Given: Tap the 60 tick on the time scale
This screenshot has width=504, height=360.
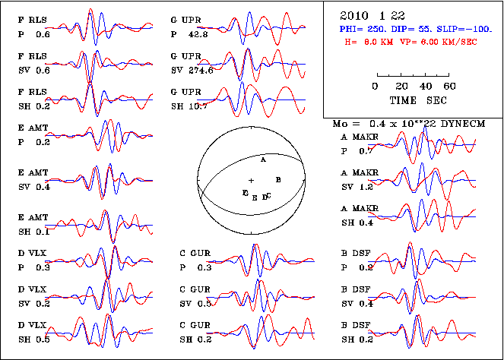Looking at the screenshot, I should pyautogui.click(x=449, y=86).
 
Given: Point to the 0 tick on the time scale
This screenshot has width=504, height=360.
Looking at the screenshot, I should pyautogui.click(x=376, y=86).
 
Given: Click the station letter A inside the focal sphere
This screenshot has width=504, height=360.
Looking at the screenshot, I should pyautogui.click(x=263, y=161).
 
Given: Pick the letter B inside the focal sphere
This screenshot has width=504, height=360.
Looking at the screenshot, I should pyautogui.click(x=279, y=180).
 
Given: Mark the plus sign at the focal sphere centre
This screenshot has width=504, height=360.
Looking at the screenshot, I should pyautogui.click(x=251, y=179).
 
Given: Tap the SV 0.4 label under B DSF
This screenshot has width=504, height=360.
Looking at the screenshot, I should pyautogui.click(x=356, y=303).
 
